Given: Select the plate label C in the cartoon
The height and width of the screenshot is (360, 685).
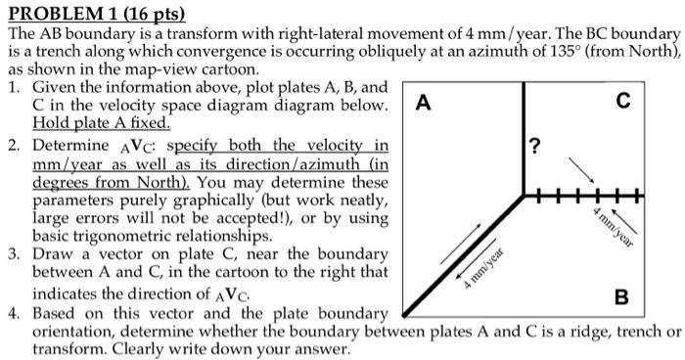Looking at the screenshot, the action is [x=624, y=101].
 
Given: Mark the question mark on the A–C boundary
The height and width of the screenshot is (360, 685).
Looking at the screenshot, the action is [x=533, y=148].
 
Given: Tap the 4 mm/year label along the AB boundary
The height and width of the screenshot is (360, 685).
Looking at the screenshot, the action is [x=483, y=269].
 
